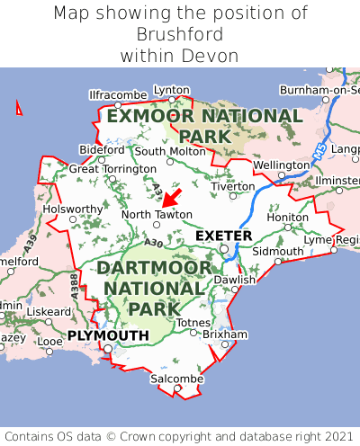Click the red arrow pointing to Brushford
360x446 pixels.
(x=172, y=198)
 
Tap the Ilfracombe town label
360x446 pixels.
(x=118, y=94)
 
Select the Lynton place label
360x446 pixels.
(x=172, y=90)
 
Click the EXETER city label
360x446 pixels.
(x=224, y=236)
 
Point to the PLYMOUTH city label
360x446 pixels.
(x=108, y=335)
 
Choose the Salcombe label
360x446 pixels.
(x=176, y=379)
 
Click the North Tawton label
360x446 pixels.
(x=157, y=214)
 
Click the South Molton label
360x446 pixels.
(x=170, y=151)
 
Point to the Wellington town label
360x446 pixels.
(x=281, y=165)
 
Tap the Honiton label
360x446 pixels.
(x=288, y=217)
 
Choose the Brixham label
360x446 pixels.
(x=224, y=334)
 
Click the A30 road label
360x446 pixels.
(x=153, y=243)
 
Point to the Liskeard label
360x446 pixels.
(x=49, y=311)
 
